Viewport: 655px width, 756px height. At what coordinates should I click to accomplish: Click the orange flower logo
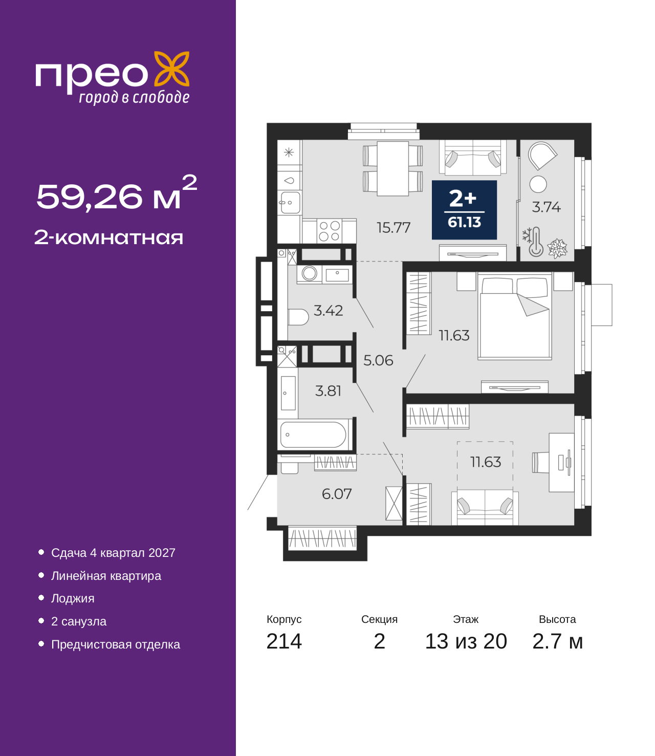(x=172, y=69)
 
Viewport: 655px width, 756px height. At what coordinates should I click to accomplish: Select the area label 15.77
(x=394, y=227)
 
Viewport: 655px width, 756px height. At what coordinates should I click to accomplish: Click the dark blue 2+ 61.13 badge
(x=464, y=210)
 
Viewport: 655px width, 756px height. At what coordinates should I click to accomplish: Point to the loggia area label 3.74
(x=546, y=207)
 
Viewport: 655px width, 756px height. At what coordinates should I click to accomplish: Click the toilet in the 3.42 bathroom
(x=298, y=317)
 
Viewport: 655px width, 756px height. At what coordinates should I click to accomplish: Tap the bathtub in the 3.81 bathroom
(x=313, y=435)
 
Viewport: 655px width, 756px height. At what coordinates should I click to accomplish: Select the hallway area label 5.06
(x=378, y=361)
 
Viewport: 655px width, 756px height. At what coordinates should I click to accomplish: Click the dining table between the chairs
(x=393, y=168)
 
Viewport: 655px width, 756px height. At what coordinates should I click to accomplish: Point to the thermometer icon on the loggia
(x=536, y=242)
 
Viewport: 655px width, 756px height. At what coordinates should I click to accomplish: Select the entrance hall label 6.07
(x=337, y=494)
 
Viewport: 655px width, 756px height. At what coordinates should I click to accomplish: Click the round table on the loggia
(x=538, y=184)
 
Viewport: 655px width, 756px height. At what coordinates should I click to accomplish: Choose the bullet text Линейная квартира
(x=106, y=576)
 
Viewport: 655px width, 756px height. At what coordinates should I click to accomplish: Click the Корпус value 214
(x=284, y=641)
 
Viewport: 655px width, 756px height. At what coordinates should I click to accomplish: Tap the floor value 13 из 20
(x=466, y=641)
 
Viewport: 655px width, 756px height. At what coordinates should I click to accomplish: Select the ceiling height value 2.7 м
(x=557, y=641)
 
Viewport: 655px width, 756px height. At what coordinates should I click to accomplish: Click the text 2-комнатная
(x=108, y=237)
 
